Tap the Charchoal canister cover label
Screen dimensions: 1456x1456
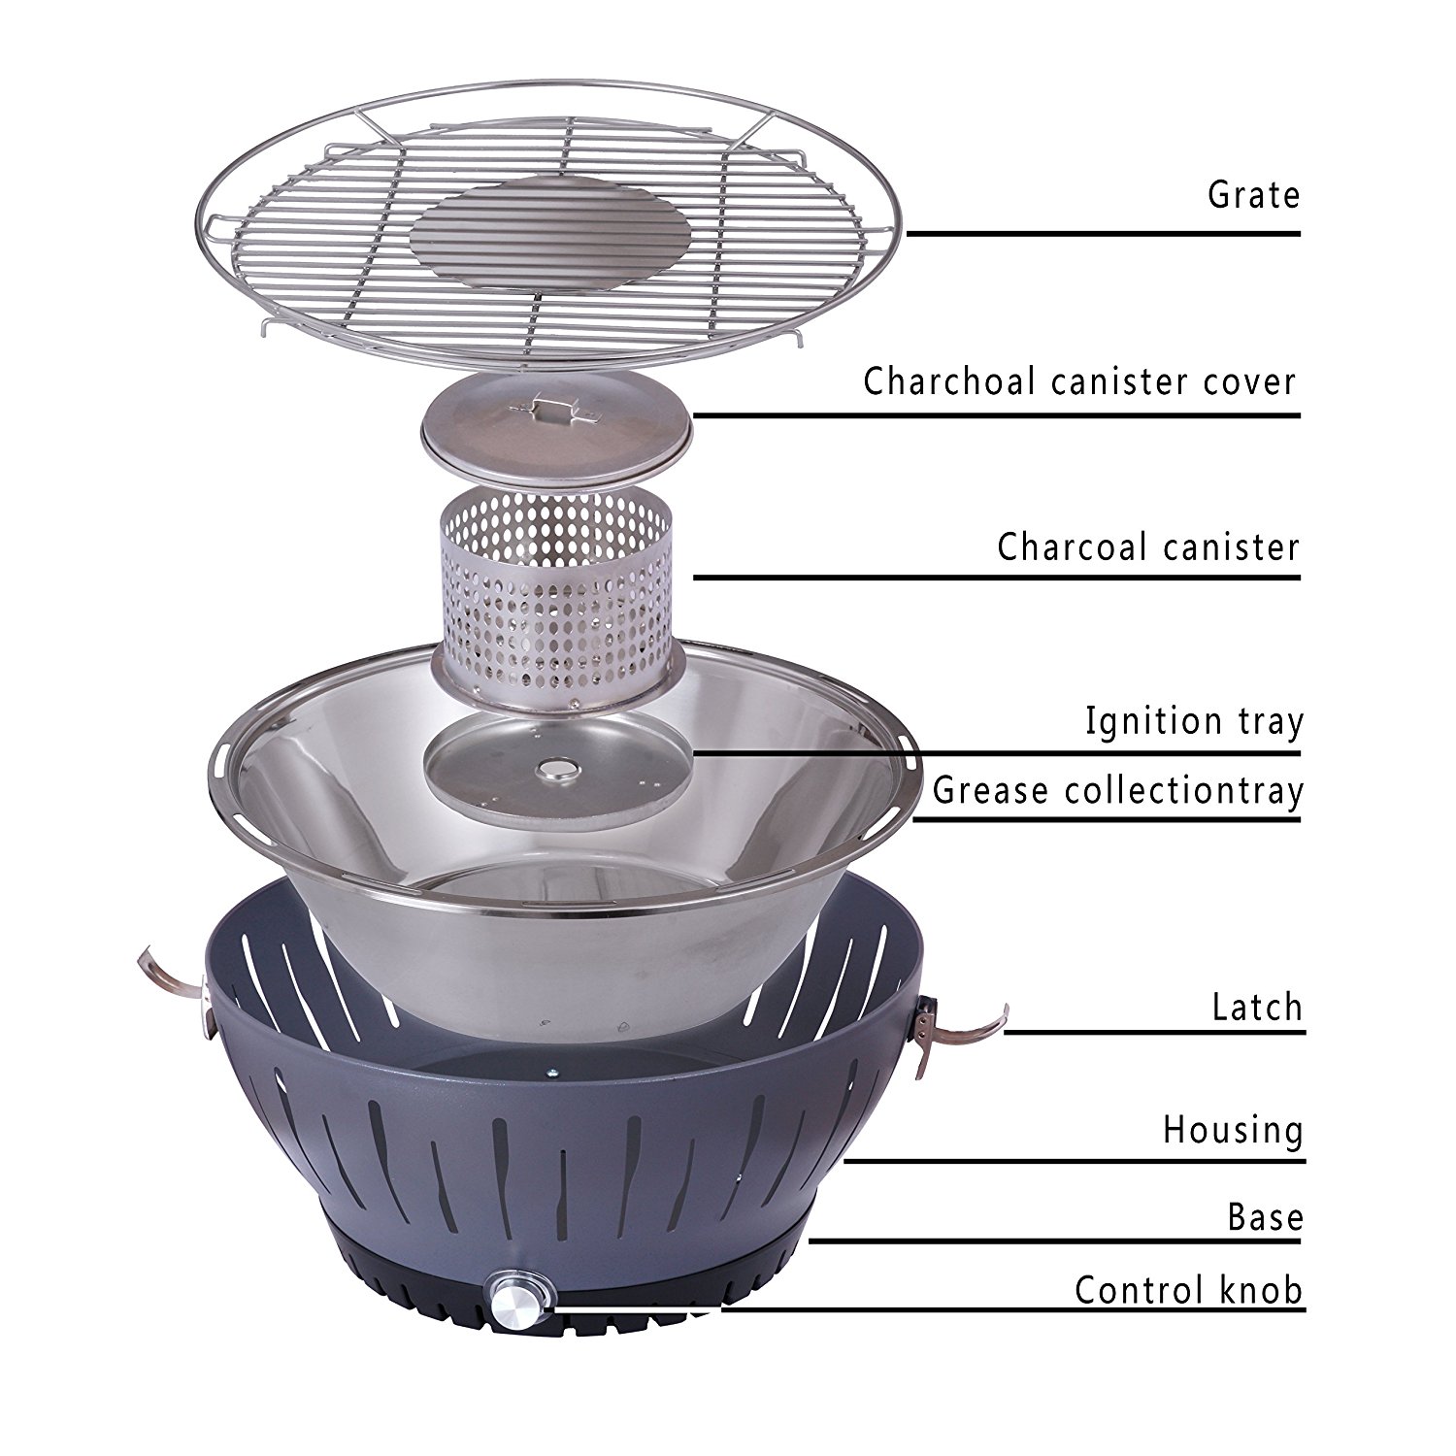coord(1080,381)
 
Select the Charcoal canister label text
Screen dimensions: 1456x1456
coord(1148,546)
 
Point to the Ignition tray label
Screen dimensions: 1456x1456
coord(1194,722)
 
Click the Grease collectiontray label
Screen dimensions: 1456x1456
coord(1118,791)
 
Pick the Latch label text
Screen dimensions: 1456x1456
coord(1257,1007)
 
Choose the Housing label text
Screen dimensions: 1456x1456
coord(1233,1130)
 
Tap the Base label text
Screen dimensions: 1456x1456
coord(1265,1216)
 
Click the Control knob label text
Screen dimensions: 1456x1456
coord(1189,1290)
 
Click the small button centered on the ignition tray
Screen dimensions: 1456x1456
coord(558,769)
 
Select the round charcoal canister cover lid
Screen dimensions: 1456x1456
coord(556,427)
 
